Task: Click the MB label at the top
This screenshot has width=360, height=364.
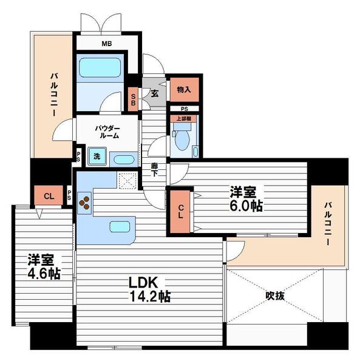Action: (107, 44)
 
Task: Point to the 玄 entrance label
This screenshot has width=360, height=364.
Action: (154, 93)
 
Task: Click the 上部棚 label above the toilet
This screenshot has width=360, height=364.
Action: (185, 119)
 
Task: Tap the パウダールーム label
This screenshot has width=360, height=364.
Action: (107, 132)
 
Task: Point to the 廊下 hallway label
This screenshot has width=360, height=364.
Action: (155, 169)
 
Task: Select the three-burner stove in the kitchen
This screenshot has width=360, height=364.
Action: (84, 202)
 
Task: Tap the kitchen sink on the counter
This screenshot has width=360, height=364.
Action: (118, 227)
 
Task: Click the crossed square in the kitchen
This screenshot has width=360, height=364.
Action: (127, 181)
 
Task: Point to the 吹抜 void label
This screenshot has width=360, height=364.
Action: (275, 297)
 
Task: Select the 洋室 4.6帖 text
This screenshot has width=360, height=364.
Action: (42, 266)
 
